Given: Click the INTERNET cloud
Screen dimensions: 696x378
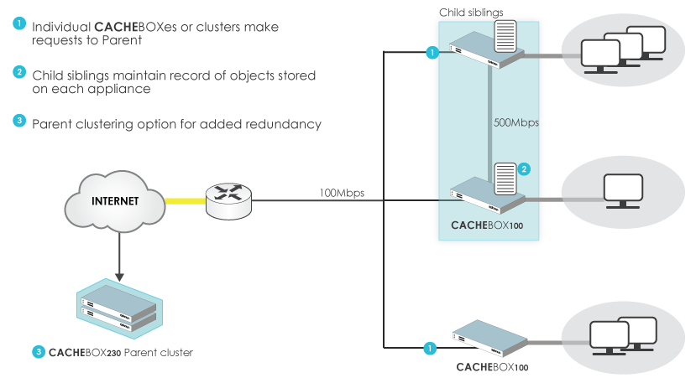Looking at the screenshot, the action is (115, 202).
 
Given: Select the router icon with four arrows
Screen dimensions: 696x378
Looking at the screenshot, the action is (228, 201).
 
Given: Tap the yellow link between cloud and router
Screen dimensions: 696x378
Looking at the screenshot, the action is (186, 201).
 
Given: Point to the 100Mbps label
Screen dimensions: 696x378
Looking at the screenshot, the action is (342, 194).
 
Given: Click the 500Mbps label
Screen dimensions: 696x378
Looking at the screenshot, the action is (516, 122).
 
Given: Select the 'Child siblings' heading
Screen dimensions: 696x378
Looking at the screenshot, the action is (471, 13).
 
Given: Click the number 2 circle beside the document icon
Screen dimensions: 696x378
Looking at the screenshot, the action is (524, 169).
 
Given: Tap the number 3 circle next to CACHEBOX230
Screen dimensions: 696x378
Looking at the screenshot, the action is (39, 352).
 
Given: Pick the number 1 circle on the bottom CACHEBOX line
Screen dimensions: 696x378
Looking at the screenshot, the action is (430, 349).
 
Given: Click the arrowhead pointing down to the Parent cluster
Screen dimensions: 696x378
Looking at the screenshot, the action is (119, 277).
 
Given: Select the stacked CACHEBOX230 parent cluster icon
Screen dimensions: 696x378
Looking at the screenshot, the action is (119, 308).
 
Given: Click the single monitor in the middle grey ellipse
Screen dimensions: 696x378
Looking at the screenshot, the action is (623, 191).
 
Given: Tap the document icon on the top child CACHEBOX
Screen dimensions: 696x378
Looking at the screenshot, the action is (505, 36).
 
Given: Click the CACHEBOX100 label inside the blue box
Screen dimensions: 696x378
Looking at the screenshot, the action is (487, 225).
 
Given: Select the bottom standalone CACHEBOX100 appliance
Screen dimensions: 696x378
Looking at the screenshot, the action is (490, 338).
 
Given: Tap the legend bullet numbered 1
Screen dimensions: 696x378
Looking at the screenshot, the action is (19, 23).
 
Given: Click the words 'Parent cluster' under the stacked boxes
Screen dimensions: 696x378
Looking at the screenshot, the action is (159, 353).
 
